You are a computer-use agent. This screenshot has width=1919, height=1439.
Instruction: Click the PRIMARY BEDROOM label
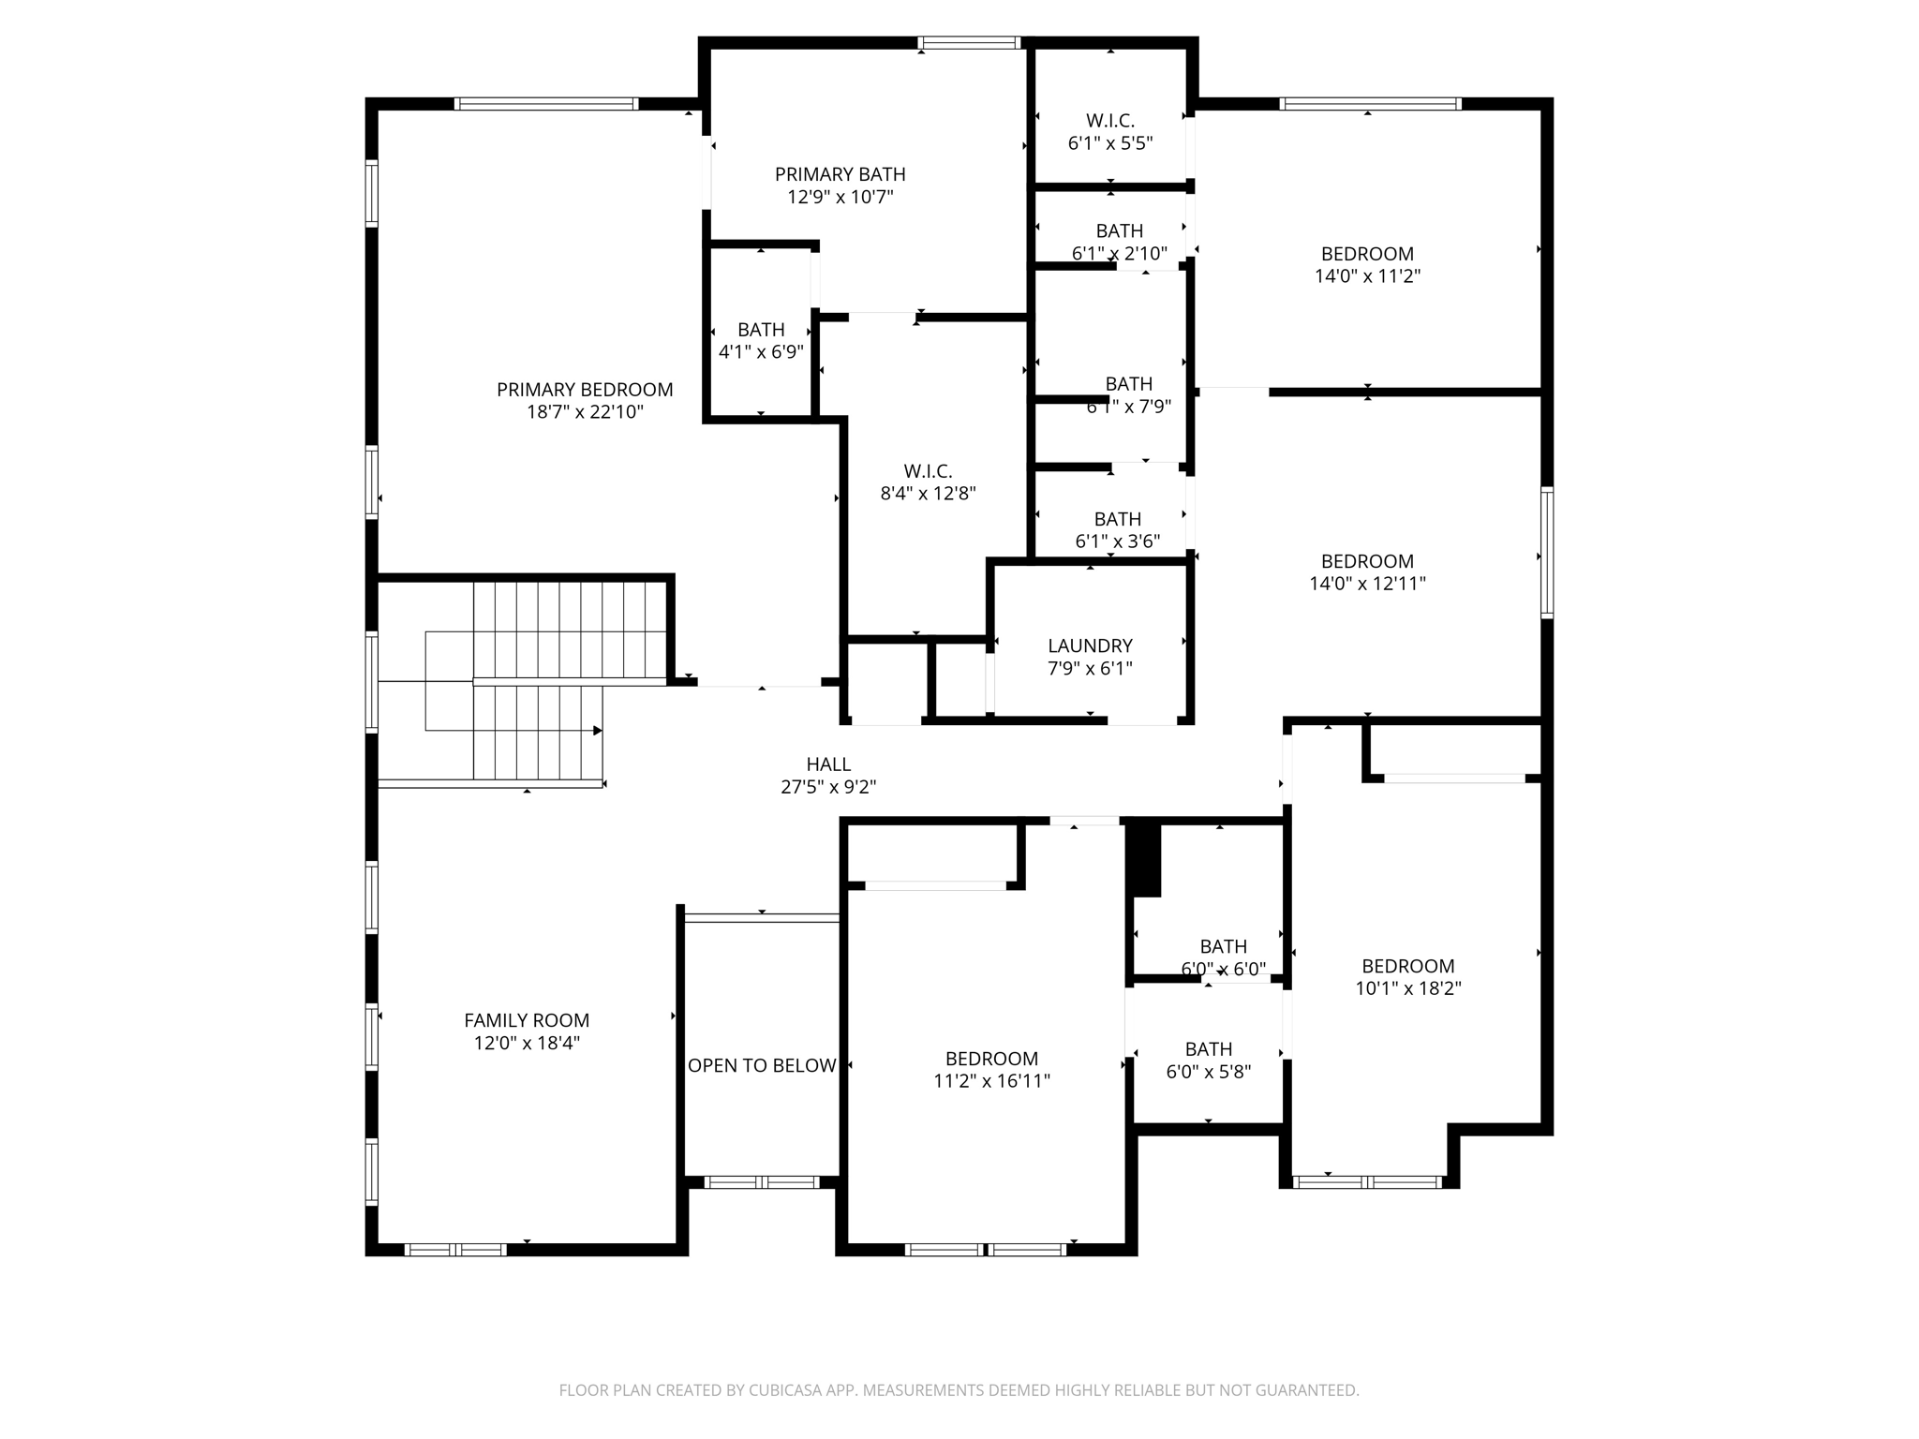point(585,390)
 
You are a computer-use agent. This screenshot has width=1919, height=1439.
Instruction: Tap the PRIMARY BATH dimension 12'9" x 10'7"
point(840,197)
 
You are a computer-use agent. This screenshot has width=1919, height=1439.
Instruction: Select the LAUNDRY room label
point(1090,645)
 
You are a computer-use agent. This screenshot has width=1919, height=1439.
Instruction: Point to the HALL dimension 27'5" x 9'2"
point(828,787)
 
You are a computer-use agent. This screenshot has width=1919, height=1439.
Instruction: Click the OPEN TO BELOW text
point(762,1065)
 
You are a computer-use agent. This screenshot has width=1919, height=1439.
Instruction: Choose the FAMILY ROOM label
point(527,1020)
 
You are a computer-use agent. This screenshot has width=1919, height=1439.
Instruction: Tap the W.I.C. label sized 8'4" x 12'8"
point(928,471)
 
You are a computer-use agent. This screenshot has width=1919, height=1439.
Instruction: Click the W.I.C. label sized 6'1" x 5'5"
point(1110,121)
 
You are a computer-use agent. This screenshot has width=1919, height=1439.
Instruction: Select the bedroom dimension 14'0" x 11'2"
point(1367,276)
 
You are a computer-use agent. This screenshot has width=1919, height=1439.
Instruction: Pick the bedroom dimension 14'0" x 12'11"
point(1367,584)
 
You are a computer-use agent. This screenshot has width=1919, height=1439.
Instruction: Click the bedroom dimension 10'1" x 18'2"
point(1407,988)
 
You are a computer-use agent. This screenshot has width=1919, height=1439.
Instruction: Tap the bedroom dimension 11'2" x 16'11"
point(991,1081)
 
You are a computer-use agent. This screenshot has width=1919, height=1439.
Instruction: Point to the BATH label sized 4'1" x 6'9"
point(761,330)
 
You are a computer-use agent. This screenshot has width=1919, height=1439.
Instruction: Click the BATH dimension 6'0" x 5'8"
point(1208,1072)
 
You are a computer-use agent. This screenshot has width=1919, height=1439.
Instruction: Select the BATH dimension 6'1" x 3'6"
point(1117,541)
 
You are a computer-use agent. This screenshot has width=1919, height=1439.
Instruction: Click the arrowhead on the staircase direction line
point(598,730)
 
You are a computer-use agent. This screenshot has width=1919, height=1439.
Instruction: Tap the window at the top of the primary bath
point(969,42)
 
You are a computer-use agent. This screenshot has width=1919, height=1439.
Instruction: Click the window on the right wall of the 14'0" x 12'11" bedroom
point(1547,552)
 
